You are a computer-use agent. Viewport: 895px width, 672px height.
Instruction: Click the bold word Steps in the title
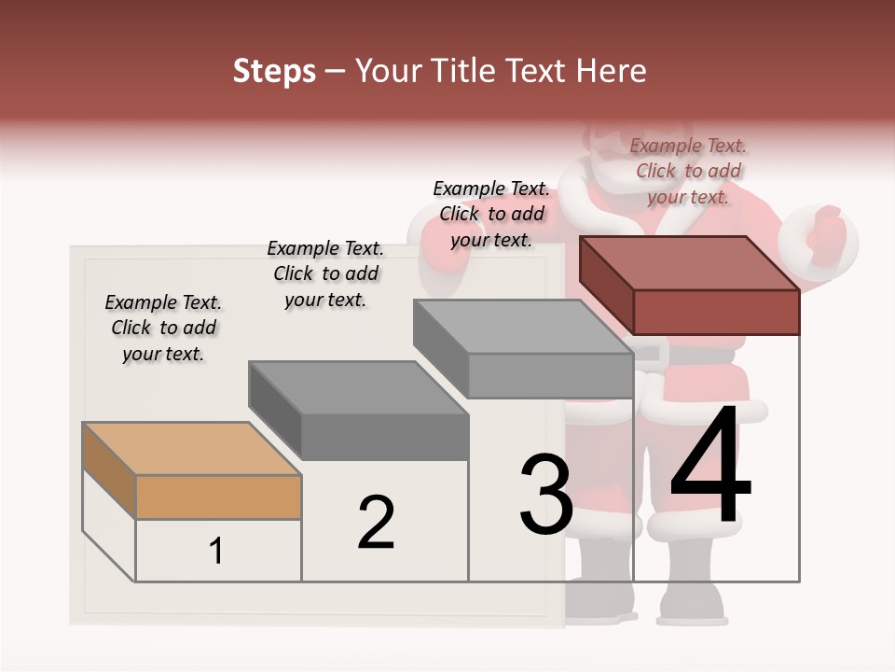pos(274,71)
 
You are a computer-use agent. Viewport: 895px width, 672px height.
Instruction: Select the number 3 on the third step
pos(546,495)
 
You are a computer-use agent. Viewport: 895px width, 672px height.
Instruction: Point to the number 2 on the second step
pos(376,522)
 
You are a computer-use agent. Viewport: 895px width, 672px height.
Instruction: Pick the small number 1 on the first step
pos(216,552)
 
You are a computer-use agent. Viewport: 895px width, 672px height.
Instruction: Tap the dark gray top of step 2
pos(358,386)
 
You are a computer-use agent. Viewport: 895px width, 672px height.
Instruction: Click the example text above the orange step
pos(163,328)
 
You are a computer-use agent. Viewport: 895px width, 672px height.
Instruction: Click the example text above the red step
pos(688,171)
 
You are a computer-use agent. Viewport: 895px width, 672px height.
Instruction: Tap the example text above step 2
pos(325,273)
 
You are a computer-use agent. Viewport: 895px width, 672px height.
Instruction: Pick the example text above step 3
pos(491,214)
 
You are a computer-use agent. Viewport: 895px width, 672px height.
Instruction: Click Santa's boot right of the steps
pos(692,597)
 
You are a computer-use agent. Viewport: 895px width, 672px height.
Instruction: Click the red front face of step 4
pos(716,312)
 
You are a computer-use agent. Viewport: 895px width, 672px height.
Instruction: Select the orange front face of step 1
pos(218,497)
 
